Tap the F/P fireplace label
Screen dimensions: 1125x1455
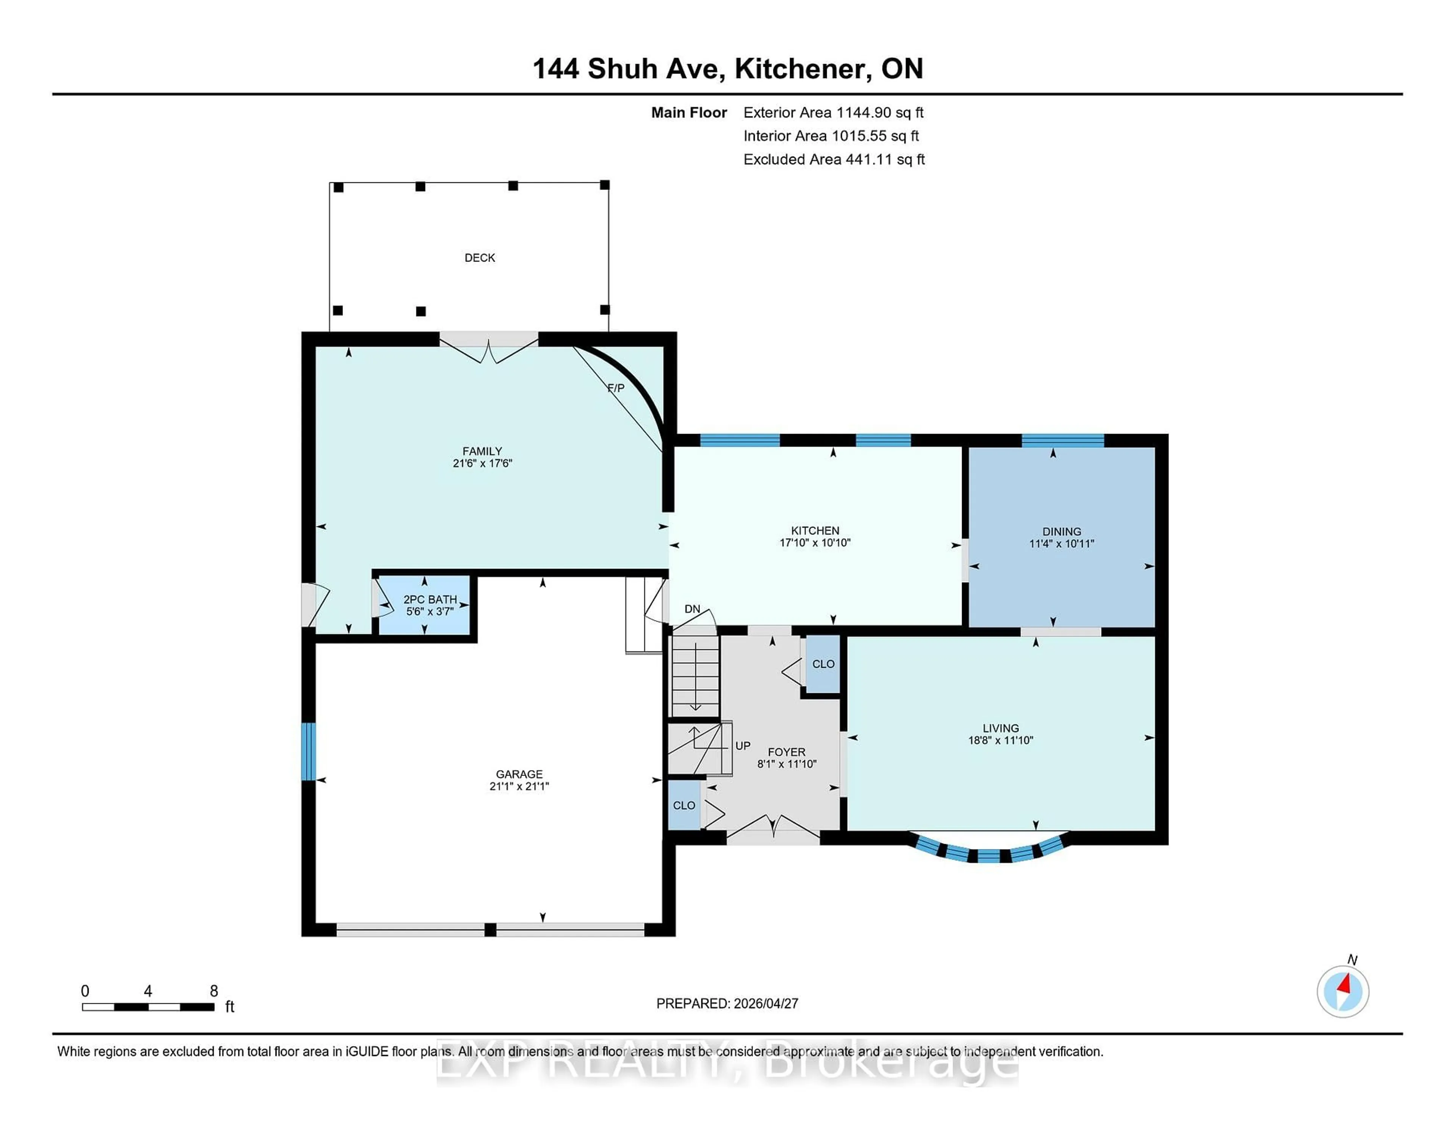click(x=616, y=388)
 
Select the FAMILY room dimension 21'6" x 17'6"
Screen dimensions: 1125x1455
click(x=482, y=463)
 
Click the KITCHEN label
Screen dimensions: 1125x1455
click(x=815, y=531)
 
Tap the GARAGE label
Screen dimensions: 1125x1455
click(x=519, y=774)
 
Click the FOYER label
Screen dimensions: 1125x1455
click(x=786, y=752)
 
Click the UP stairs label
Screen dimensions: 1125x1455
click(x=742, y=746)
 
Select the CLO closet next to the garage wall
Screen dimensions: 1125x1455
click(x=684, y=805)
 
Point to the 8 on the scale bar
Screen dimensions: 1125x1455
click(x=214, y=991)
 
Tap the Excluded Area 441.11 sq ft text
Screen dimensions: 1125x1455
click(x=834, y=159)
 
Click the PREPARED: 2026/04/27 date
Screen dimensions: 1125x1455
click(x=727, y=1003)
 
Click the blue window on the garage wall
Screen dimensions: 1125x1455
click(x=308, y=751)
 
